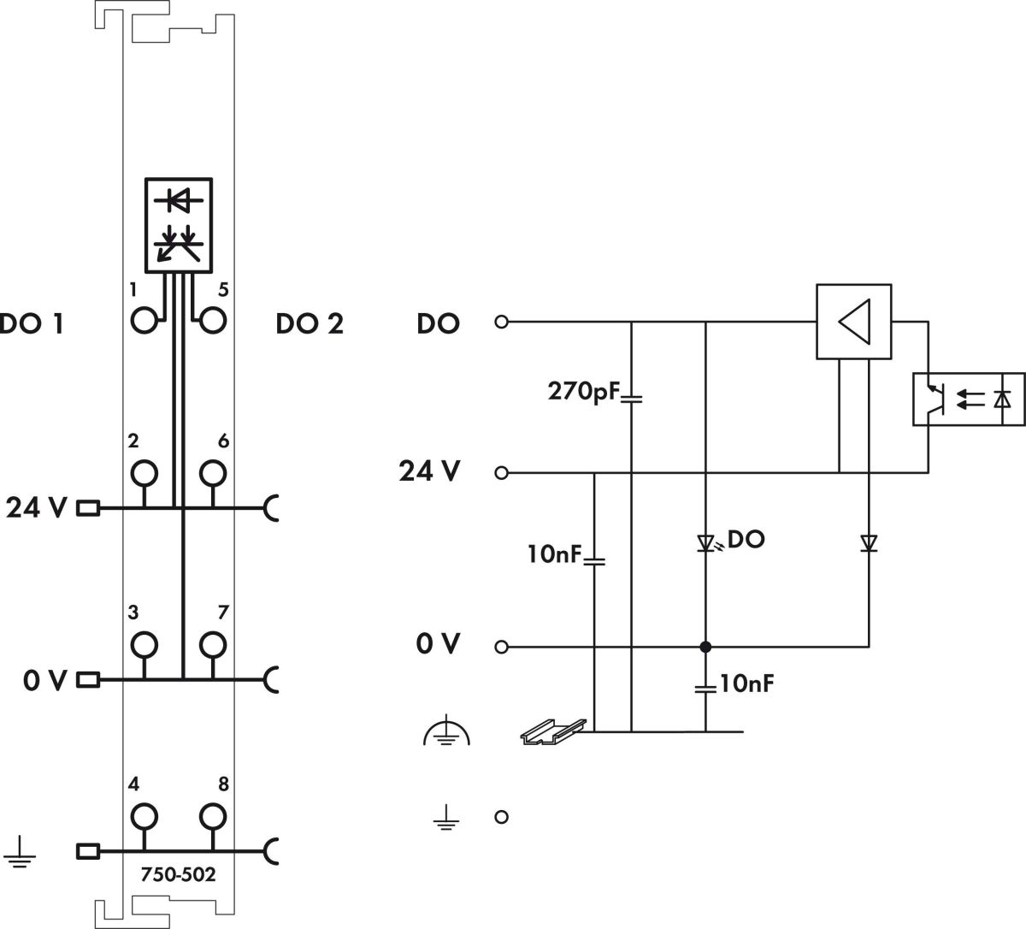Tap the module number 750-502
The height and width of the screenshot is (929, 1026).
(x=178, y=874)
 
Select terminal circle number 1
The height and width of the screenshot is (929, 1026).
(x=144, y=321)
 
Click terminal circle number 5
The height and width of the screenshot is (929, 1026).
(x=213, y=321)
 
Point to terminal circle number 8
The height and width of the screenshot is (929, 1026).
(x=213, y=816)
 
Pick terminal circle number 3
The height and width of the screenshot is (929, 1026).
(x=144, y=645)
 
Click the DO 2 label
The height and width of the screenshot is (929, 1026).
(x=310, y=323)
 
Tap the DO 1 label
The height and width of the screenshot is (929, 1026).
(x=31, y=323)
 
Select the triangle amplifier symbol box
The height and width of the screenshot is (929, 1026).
(x=853, y=322)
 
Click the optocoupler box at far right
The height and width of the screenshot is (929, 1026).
(x=969, y=399)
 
